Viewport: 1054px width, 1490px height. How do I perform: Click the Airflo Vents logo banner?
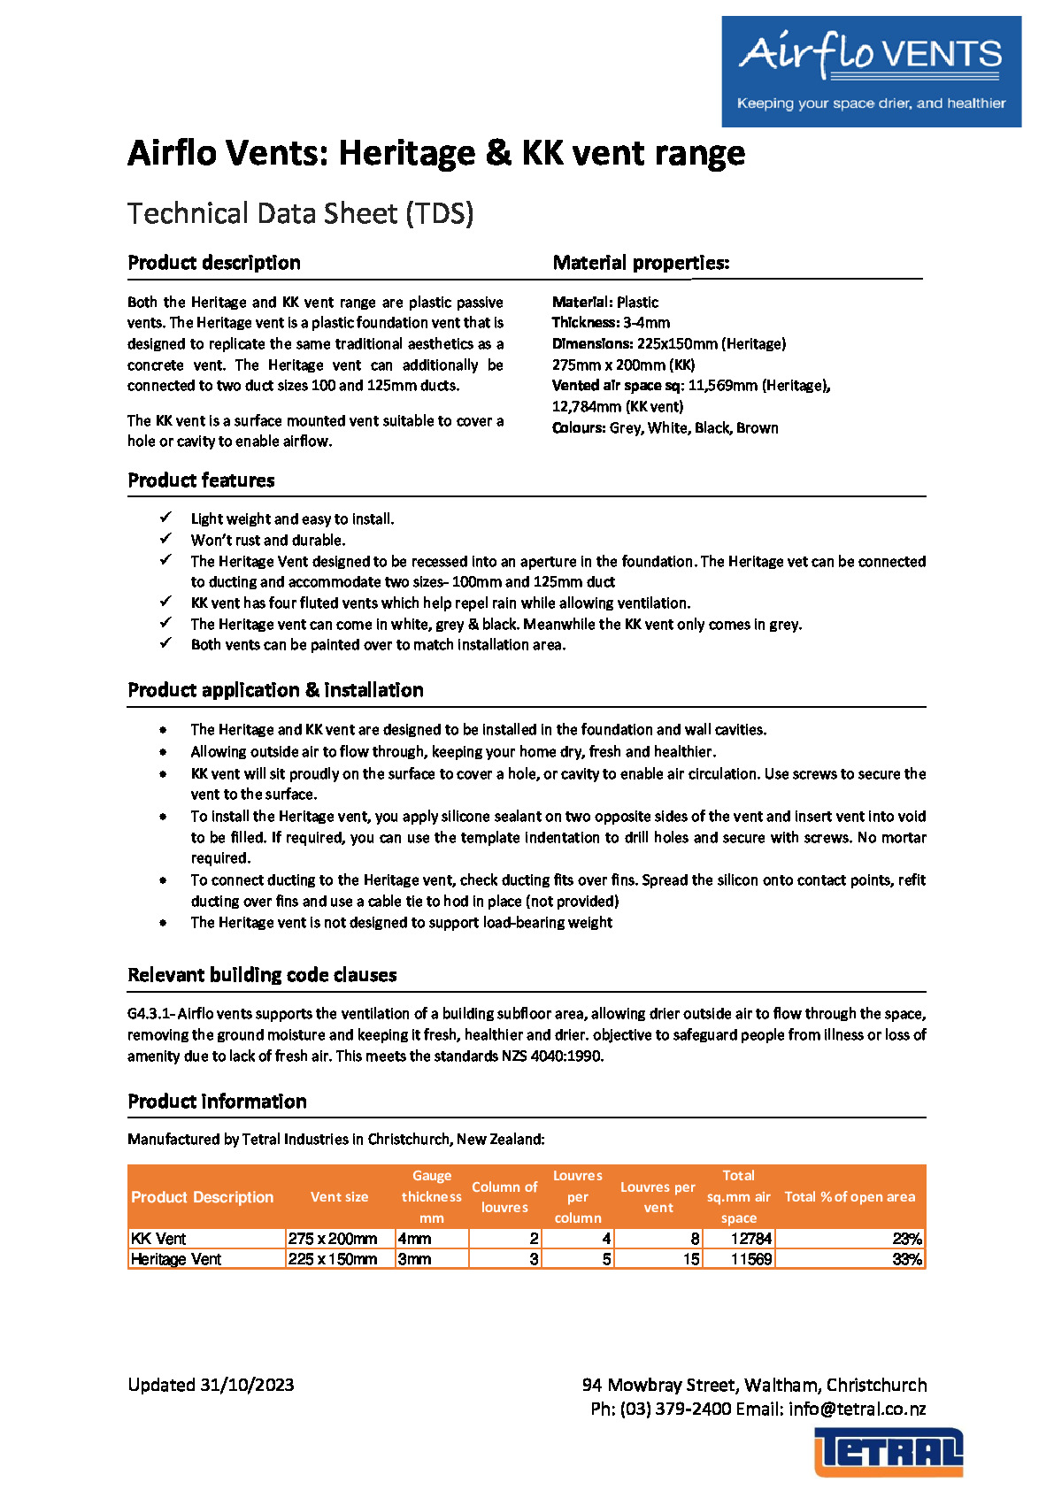[871, 72]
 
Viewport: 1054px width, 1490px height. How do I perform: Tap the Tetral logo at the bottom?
[889, 1452]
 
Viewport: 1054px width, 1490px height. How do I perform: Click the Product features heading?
[201, 480]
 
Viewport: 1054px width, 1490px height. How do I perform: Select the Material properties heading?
[641, 263]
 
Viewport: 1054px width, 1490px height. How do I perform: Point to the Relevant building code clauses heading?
[262, 975]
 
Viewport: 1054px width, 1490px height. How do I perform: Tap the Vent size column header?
[339, 1197]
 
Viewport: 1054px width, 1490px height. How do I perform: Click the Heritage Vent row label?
[176, 1259]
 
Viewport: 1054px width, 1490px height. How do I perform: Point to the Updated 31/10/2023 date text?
[211, 1385]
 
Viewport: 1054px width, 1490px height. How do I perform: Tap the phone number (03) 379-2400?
[675, 1409]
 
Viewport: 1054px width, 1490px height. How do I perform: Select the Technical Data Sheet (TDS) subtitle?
[300, 213]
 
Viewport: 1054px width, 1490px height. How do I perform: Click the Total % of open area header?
[850, 1197]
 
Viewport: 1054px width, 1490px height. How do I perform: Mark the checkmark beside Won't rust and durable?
[165, 539]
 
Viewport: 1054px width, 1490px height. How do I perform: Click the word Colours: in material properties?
[579, 428]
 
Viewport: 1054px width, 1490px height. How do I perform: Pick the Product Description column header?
[203, 1197]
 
